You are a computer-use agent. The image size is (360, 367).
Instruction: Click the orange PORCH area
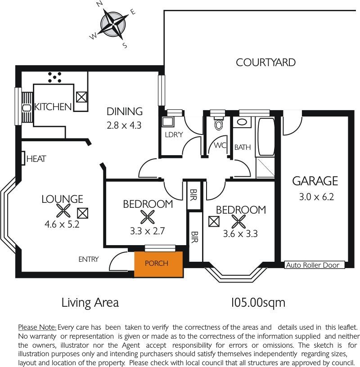click(158, 264)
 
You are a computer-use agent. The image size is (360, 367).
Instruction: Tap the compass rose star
click(113, 24)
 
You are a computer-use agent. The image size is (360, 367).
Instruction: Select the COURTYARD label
click(265, 63)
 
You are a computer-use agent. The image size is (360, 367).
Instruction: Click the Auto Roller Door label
click(313, 265)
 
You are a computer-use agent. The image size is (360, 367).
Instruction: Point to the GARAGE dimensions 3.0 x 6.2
click(316, 197)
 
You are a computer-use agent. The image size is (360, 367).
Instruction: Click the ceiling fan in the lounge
click(63, 210)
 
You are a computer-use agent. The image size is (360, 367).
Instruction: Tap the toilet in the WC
click(218, 123)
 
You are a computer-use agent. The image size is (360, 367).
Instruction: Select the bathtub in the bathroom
click(266, 137)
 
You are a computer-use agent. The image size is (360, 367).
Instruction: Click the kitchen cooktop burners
click(54, 77)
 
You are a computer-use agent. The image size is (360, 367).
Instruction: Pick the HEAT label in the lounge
click(36, 159)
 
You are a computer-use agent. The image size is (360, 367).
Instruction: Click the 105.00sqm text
click(258, 303)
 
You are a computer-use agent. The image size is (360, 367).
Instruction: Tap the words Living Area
click(90, 303)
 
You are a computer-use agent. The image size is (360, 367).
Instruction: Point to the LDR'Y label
click(174, 134)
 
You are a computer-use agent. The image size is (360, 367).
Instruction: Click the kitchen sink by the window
click(27, 108)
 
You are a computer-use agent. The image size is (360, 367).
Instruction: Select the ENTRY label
click(89, 260)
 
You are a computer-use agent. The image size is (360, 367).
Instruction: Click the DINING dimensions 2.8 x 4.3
click(124, 125)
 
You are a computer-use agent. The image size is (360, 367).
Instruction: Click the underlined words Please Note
click(37, 327)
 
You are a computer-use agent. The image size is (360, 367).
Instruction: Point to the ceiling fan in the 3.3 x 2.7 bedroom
click(148, 217)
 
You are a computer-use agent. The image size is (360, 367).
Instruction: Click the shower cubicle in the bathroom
click(265, 167)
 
